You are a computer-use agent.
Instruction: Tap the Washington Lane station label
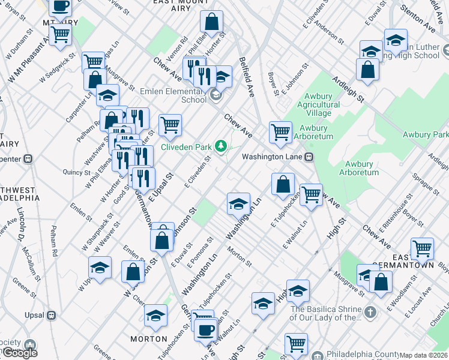pos(274,157)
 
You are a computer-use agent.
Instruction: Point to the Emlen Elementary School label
pos(173,95)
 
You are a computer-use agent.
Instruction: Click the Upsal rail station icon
pos(52,314)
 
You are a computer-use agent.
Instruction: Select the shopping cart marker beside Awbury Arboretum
pos(280,131)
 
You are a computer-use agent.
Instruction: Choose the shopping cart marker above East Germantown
pos(423,247)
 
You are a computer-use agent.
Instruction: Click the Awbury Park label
pos(426,134)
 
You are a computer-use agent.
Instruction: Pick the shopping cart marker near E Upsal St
pos(170,125)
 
